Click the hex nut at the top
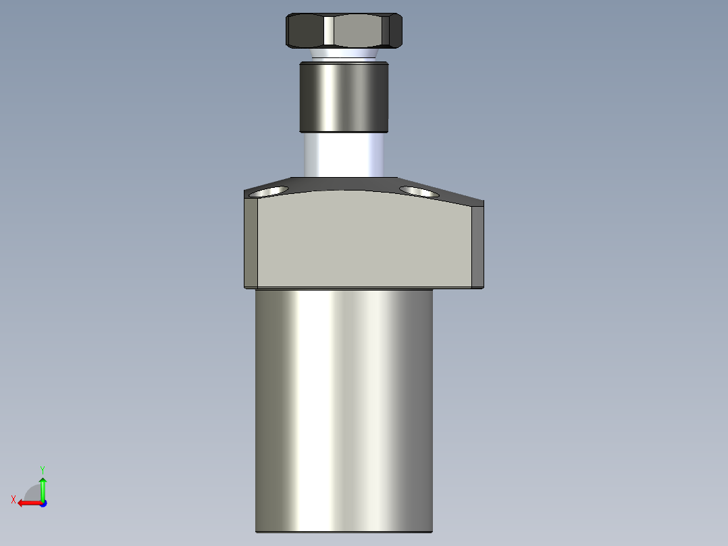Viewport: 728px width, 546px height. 344,31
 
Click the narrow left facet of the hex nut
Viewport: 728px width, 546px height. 328,31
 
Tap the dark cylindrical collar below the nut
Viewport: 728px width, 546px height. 344,97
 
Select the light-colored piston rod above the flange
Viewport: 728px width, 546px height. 344,154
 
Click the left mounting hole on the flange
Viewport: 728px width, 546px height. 267,192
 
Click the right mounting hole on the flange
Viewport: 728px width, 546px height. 419,191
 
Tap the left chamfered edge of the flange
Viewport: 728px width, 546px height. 251,243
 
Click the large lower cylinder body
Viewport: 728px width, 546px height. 344,405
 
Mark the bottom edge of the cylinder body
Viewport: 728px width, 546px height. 344,531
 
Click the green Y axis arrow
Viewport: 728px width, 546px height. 43,486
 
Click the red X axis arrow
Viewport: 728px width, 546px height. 27,503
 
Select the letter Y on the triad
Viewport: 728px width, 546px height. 43,469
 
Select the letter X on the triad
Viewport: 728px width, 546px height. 14,499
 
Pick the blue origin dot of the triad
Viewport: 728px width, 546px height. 43,503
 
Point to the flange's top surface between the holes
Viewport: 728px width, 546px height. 344,184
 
